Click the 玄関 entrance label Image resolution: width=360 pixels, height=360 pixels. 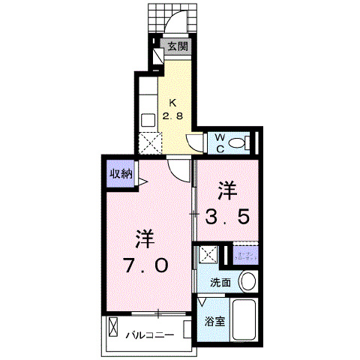pyautogui.click(x=178, y=46)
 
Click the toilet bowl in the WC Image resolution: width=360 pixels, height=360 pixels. pyautogui.click(x=238, y=143)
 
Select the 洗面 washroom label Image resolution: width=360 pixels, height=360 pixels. pyautogui.click(x=220, y=283)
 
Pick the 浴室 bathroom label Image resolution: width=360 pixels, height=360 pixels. pyautogui.click(x=214, y=322)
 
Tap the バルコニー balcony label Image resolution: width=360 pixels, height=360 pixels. pyautogui.click(x=149, y=334)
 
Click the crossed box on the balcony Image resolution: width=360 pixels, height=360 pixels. pyautogui.click(x=114, y=328)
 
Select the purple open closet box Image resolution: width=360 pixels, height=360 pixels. pyautogui.click(x=244, y=254)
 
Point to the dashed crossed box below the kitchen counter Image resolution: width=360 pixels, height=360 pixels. pyautogui.click(x=148, y=141)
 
